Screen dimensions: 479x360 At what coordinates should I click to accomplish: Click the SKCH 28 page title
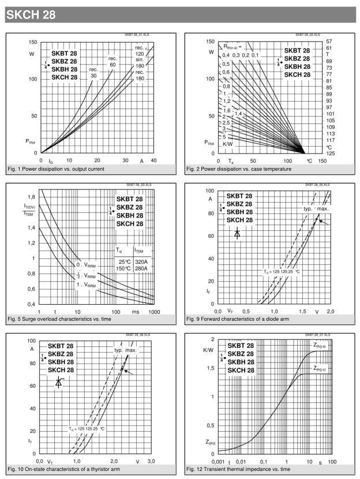[x=31, y=16]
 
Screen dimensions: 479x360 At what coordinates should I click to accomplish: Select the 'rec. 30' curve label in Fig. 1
[x=93, y=72]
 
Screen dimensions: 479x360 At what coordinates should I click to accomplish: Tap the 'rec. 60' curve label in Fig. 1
[x=112, y=61]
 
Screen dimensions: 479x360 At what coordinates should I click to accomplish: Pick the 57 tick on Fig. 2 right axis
[x=329, y=42]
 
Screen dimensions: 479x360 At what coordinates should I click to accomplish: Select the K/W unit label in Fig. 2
[x=228, y=143]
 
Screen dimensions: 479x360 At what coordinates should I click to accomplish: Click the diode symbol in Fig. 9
[x=237, y=233]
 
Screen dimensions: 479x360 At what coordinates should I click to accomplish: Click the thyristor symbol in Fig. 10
[x=58, y=382]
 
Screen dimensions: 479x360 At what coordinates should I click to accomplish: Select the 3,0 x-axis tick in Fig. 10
[x=152, y=462]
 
